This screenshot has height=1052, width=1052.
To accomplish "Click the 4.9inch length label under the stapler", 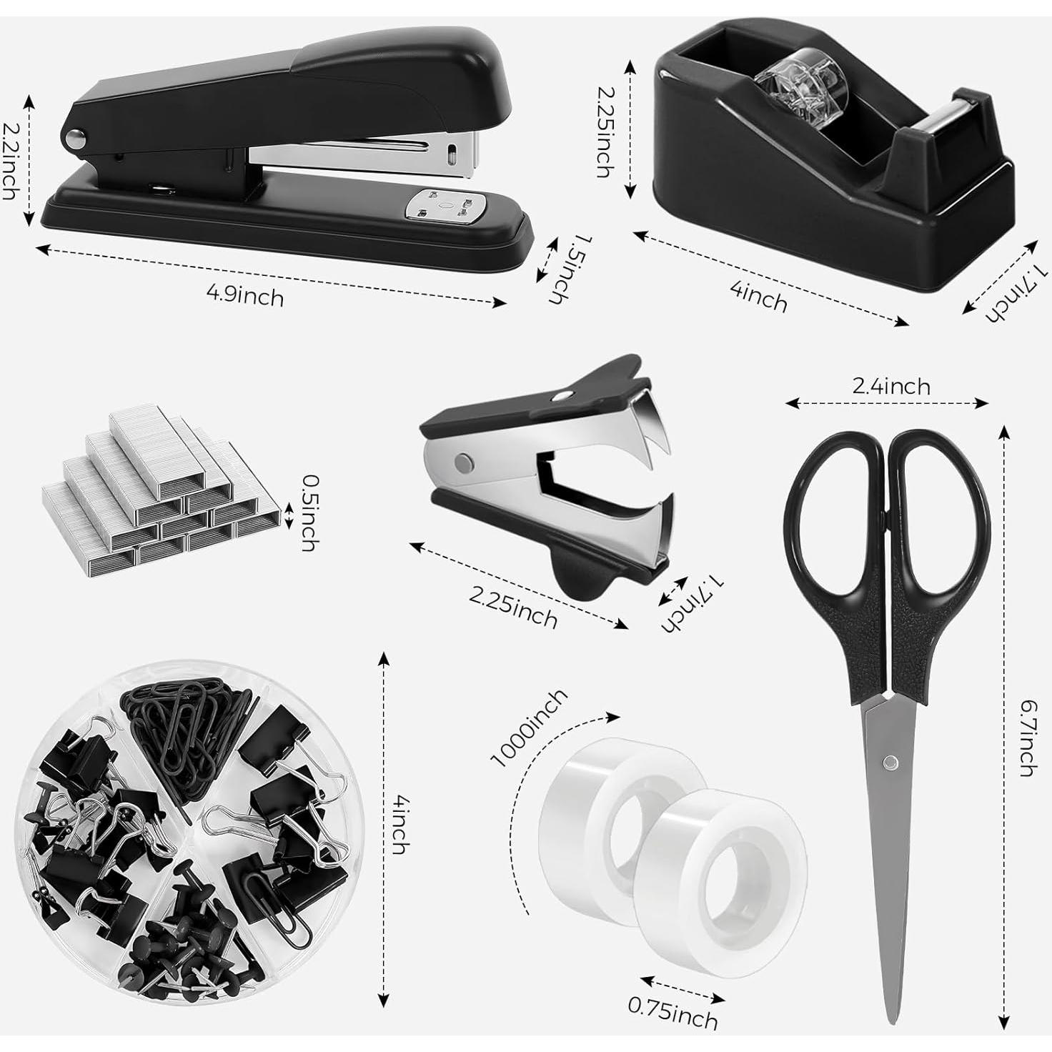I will [x=244, y=295].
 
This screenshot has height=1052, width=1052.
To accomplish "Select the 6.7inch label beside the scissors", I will [x=1028, y=738].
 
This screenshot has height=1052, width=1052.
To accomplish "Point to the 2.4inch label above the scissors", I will [x=891, y=387].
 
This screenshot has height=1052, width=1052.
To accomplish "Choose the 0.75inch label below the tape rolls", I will [x=673, y=1013].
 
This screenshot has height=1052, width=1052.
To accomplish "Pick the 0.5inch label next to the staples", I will [x=309, y=512].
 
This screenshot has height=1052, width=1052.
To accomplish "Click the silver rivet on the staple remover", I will [x=465, y=462].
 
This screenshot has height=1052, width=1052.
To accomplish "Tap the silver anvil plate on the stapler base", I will [x=441, y=207].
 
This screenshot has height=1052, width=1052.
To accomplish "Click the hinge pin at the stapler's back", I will [x=74, y=138].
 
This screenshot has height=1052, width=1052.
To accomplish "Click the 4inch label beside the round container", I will [x=400, y=825].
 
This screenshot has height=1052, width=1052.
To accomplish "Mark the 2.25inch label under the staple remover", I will [x=513, y=607].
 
